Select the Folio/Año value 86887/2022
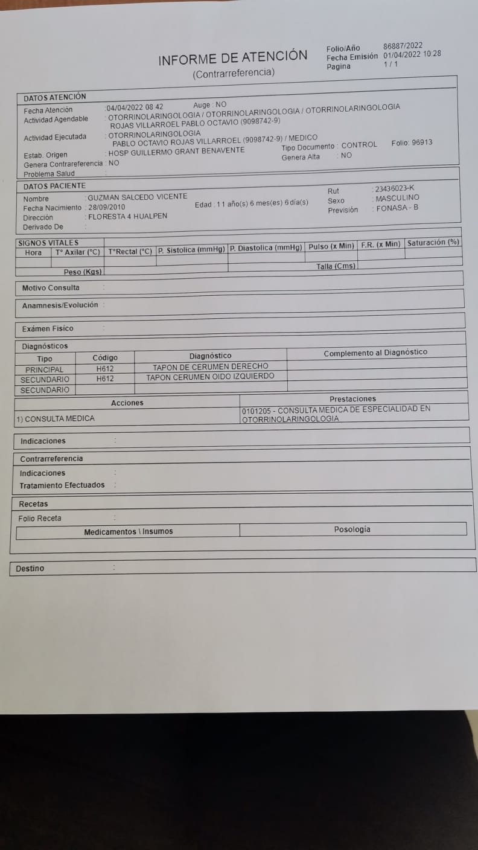403,45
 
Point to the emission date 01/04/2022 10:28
412,54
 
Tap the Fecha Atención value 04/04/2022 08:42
135,107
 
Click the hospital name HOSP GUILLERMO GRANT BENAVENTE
176,151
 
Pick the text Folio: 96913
412,143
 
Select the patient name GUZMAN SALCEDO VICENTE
138,197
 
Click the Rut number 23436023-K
395,188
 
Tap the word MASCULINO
397,198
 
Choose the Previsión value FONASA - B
397,208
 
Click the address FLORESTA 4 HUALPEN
128,216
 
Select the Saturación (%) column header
433,243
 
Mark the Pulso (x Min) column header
331,246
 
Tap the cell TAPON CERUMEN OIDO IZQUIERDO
210,376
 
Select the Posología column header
352,529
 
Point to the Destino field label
30,569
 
